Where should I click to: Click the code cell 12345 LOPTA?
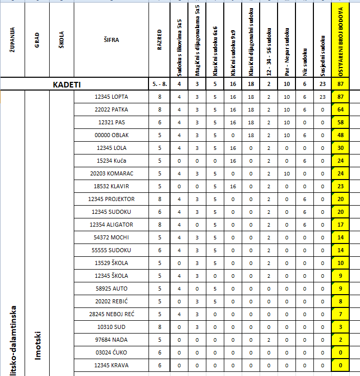pyautogui.click(x=112, y=97)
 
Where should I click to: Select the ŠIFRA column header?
pyautogui.click(x=111, y=39)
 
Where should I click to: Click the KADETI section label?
pyautogui.click(x=67, y=84)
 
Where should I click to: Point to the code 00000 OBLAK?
pyautogui.click(x=112, y=135)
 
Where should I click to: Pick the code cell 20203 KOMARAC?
pyautogui.click(x=112, y=173)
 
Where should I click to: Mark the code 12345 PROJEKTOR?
pyautogui.click(x=112, y=199)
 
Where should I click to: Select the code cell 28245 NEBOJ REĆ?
pyautogui.click(x=112, y=314)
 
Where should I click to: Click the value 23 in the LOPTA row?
pyautogui.click(x=322, y=97)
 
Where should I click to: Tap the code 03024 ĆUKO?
pyautogui.click(x=112, y=352)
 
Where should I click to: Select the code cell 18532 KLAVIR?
pyautogui.click(x=112, y=186)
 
